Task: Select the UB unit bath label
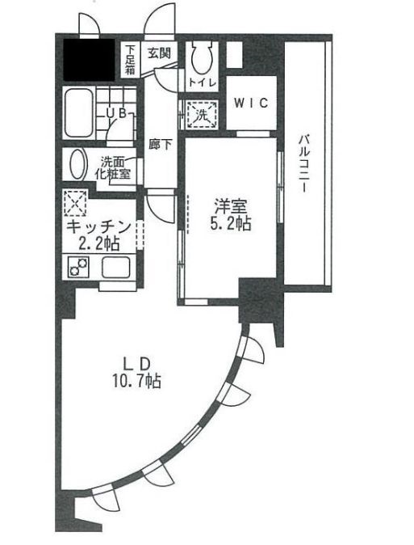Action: [x=116, y=115]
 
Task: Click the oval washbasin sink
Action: [x=78, y=167]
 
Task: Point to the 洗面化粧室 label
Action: [x=115, y=167]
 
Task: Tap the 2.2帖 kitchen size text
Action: [x=98, y=244]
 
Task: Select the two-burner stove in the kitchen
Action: [x=80, y=268]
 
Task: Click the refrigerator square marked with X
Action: [x=77, y=201]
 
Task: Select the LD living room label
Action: [x=134, y=361]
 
